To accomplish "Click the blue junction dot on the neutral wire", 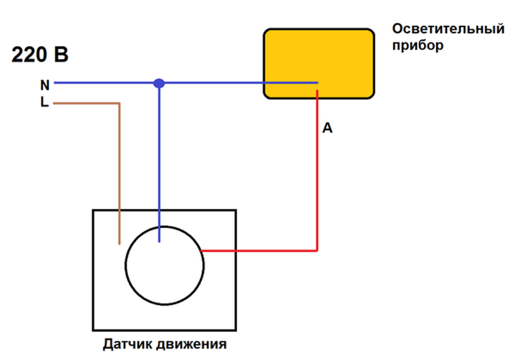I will click(159, 83).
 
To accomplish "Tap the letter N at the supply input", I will click(44, 85).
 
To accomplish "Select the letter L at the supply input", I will click(44, 102).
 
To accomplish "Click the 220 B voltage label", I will click(40, 55).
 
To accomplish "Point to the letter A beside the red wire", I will click(327, 129).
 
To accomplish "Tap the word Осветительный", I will click(448, 28).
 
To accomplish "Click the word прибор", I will click(418, 45).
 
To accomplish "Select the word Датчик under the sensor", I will click(128, 345).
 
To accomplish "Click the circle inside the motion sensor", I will click(164, 265).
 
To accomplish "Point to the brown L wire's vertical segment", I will click(119, 175).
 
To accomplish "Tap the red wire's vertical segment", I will click(317, 175).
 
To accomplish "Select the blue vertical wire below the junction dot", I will click(159, 164).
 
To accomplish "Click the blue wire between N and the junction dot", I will click(104, 83).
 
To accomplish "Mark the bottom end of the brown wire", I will click(119, 242).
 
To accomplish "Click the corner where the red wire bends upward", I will click(317, 251).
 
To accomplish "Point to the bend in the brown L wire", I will click(119, 102).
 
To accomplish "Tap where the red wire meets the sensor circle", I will click(202, 251).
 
